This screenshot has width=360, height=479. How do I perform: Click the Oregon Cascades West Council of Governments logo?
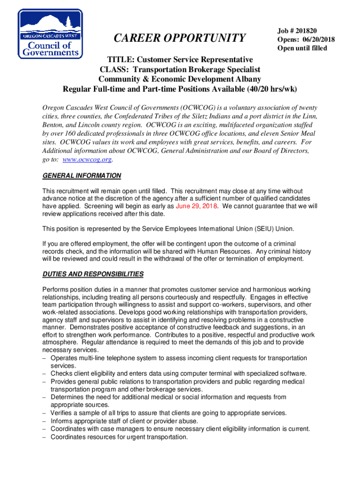pyautogui.click(x=50, y=34)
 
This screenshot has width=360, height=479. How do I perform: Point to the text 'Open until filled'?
pyautogui.click(x=302, y=48)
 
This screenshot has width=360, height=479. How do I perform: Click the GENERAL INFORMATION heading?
pyautogui.click(x=82, y=176)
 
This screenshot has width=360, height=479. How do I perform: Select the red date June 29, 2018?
pyautogui.click(x=196, y=206)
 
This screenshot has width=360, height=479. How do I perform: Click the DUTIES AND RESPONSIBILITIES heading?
pyautogui.click(x=93, y=274)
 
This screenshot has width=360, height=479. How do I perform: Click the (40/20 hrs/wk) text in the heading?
pyautogui.click(x=265, y=89)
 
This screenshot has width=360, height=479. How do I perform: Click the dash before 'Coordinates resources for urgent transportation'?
pyautogui.click(x=44, y=437)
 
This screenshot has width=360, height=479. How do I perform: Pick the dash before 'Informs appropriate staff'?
pyautogui.click(x=44, y=421)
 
